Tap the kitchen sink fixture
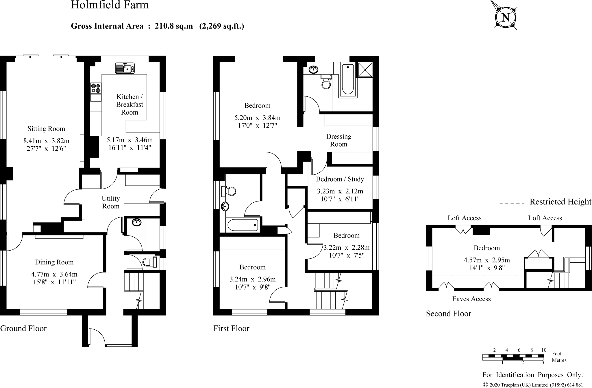(125, 69)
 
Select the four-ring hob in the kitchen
(96, 88)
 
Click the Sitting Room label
(46, 129)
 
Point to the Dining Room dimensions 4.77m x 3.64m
(54, 274)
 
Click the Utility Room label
(111, 202)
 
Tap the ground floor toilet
(149, 262)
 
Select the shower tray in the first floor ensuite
(365, 70)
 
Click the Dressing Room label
(338, 140)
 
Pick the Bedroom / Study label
(340, 179)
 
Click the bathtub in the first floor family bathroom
(243, 225)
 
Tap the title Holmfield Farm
(110, 5)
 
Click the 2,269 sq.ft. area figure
(222, 26)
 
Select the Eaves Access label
(471, 299)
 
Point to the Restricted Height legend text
(560, 202)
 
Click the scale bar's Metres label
(559, 360)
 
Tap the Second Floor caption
(448, 314)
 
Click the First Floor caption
(231, 328)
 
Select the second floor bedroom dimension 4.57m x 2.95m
(487, 260)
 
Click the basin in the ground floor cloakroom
(136, 222)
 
